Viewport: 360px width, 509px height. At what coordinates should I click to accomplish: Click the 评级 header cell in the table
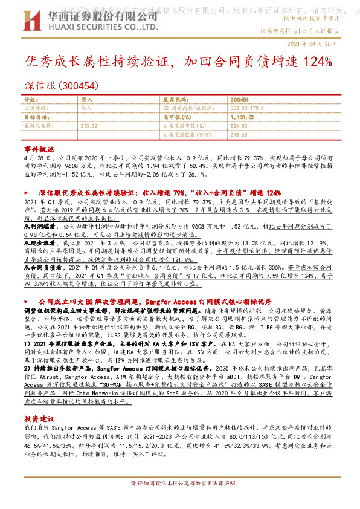pyautogui.click(x=30, y=99)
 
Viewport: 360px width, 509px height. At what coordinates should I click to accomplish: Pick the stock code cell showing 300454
pyautogui.click(x=239, y=99)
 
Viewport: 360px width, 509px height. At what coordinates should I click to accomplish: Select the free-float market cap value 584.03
pyautogui.click(x=240, y=126)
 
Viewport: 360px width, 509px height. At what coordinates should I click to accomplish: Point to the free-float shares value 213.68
pyautogui.click(x=240, y=134)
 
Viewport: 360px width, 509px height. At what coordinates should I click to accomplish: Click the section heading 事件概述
pyautogui.click(x=39, y=148)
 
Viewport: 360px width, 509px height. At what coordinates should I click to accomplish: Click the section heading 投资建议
pyautogui.click(x=39, y=401)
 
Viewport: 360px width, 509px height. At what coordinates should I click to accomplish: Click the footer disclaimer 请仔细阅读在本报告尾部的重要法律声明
pyautogui.click(x=179, y=501)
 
